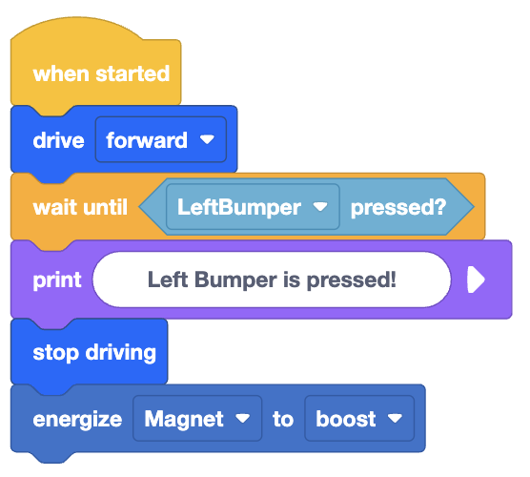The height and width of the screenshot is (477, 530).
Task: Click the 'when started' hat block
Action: [x=95, y=73]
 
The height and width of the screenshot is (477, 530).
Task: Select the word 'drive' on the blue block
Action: [x=58, y=140]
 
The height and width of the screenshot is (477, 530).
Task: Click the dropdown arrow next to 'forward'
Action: [x=207, y=140]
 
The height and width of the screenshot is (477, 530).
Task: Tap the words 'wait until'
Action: [x=80, y=207]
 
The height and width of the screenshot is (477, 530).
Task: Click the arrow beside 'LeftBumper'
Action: [x=320, y=207]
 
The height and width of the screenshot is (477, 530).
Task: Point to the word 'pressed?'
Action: [x=398, y=207]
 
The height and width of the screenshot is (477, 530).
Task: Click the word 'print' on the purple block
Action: [x=57, y=280]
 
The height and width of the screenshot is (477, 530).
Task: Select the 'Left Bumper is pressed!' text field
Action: [x=272, y=280]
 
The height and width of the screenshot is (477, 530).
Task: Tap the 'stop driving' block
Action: [x=93, y=352]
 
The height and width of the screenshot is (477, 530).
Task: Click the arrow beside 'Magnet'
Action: [x=242, y=419]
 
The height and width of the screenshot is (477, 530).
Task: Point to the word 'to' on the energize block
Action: [x=283, y=419]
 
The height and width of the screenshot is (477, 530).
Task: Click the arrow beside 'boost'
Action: [x=394, y=419]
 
